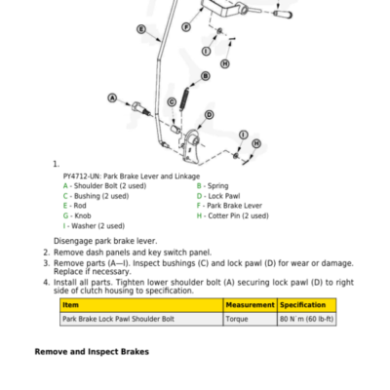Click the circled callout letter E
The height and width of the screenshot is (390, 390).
[141, 29]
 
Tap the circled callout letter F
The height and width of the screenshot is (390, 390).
[186, 27]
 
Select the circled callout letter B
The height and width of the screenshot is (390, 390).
[206, 76]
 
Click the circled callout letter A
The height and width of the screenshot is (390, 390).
[112, 97]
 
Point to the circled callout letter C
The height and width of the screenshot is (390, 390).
[172, 102]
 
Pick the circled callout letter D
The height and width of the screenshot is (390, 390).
[210, 115]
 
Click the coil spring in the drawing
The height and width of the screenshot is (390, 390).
[184, 99]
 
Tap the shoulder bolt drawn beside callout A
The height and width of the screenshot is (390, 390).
[141, 108]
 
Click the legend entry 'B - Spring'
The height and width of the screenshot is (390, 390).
[213, 186]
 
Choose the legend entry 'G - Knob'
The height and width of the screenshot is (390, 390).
[77, 215]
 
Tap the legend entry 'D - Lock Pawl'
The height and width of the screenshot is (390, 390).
[218, 196]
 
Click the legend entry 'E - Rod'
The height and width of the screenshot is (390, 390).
[75, 206]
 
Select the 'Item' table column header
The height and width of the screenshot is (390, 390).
[70, 305]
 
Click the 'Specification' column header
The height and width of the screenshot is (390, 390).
[302, 305]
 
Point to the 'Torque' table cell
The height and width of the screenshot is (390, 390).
[237, 319]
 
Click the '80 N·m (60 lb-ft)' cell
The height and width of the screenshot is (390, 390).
[307, 319]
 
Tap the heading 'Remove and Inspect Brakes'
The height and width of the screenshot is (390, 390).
[92, 352]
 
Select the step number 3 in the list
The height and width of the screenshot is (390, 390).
[47, 263]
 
